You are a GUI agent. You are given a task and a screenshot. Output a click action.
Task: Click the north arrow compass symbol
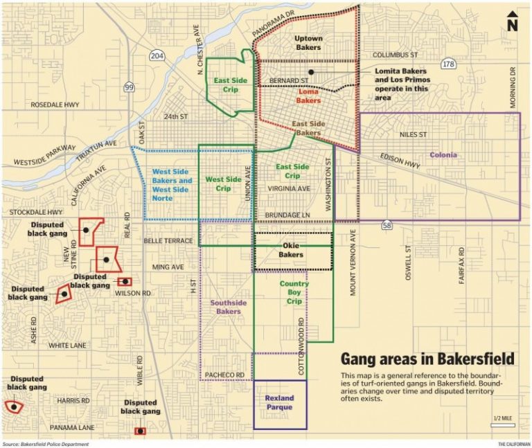click(x=512, y=21)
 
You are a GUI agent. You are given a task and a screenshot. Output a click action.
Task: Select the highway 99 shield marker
click(x=129, y=87)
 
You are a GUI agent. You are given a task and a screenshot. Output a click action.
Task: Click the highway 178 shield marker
click(x=448, y=64)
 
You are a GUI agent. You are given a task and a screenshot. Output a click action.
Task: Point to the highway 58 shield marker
click(x=387, y=225)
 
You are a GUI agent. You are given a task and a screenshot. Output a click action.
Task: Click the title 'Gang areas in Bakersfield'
click(x=427, y=359)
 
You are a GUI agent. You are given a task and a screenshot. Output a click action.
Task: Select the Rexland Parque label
click(x=280, y=402)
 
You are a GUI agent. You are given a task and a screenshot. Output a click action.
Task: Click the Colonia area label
click(x=443, y=155)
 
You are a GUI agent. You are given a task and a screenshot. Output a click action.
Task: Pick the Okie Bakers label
click(x=291, y=250)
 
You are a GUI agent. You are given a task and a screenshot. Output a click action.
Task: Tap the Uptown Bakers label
click(x=308, y=43)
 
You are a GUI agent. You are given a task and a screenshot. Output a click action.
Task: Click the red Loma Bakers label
click(x=309, y=96)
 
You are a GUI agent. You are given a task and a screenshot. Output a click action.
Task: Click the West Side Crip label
click(x=223, y=183)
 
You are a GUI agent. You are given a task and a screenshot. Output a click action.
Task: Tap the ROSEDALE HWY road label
click(x=55, y=105)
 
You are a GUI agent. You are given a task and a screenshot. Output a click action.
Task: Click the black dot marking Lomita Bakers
click(x=312, y=72)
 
